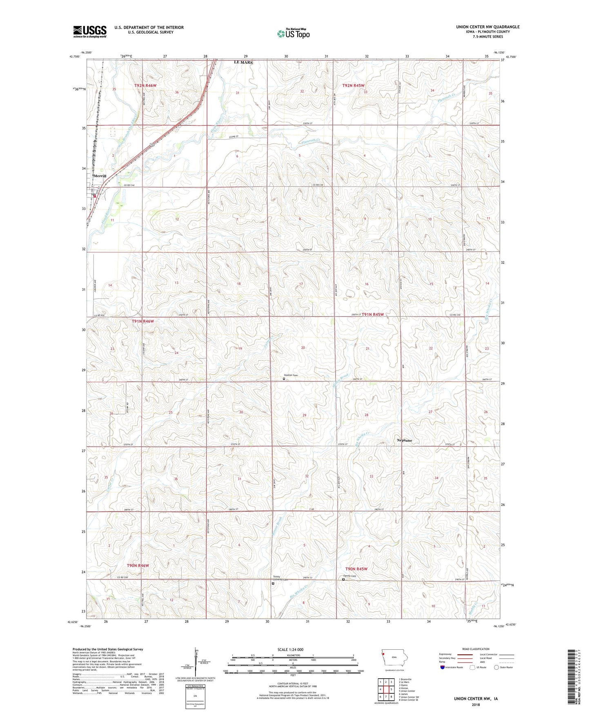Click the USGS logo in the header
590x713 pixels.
click(x=90, y=31)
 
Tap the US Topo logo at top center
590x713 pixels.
click(x=293, y=33)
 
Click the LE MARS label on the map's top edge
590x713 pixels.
click(x=243, y=62)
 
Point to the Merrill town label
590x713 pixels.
click(x=100, y=176)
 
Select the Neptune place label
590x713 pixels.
click(x=405, y=440)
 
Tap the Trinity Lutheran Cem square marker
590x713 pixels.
click(x=273, y=584)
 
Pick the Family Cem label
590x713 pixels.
click(x=350, y=576)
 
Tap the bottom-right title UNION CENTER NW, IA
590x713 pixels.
click(x=476, y=699)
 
